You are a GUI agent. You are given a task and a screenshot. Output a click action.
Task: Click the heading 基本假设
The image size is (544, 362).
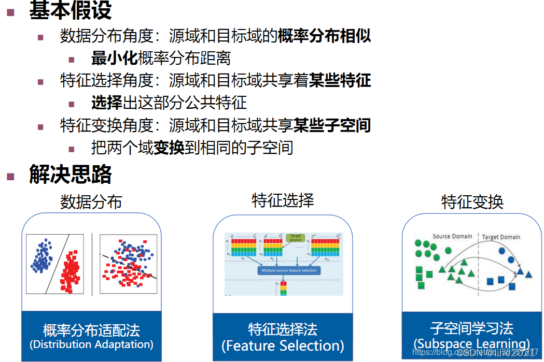point(70,10)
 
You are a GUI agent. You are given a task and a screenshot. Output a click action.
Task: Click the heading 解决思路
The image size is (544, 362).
point(70,175)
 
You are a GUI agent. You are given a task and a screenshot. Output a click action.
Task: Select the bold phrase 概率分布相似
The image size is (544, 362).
point(324,36)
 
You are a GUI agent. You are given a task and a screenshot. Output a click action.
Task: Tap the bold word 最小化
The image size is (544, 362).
point(114,58)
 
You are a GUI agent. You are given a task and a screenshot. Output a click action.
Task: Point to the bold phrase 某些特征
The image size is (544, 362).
point(340,80)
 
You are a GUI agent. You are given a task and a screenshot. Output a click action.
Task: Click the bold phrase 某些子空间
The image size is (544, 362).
point(332,125)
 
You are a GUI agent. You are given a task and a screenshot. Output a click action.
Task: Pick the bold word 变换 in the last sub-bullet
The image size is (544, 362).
point(169,148)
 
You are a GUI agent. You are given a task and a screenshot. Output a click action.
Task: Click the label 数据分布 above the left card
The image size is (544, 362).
point(91,201)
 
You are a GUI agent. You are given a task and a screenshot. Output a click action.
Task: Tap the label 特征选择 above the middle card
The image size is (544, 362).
point(283,200)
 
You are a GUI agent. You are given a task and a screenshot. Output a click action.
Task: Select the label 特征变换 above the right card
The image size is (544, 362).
point(472,201)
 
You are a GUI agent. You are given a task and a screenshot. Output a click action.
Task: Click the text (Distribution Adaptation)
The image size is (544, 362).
point(91,344)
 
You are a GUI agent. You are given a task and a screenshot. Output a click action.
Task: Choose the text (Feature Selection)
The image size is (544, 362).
point(283,345)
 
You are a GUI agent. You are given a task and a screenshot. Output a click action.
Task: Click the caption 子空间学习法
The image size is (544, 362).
point(472,328)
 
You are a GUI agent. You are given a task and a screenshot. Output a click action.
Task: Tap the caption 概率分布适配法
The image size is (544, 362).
point(91,330)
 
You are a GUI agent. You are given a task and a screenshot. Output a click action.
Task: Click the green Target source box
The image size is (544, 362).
point(295,238)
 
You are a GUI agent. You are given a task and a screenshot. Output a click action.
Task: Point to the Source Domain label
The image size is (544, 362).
point(452,237)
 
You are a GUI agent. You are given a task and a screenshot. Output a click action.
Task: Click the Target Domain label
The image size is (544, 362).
point(501,237)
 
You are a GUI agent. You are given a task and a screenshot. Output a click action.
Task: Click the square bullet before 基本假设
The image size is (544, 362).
point(10,11)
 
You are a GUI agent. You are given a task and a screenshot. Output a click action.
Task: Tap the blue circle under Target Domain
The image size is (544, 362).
point(502,251)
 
